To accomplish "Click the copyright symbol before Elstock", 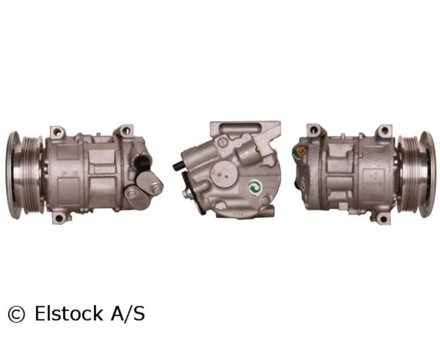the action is click(17, 314).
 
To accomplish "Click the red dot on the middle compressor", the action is click(220, 174).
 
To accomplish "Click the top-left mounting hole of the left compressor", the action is click(58, 131).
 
